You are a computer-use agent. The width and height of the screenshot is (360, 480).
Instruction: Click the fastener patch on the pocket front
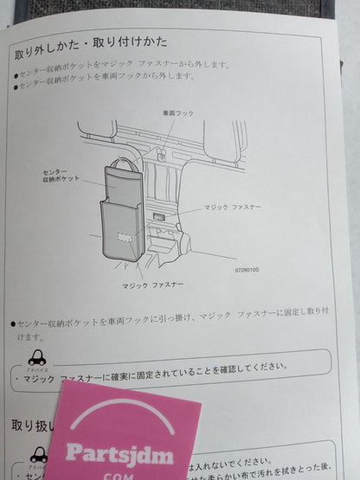123,236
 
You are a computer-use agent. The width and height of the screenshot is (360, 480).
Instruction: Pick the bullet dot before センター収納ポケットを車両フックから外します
17,77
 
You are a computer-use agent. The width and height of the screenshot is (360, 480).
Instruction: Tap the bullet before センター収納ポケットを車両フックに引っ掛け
13,323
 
